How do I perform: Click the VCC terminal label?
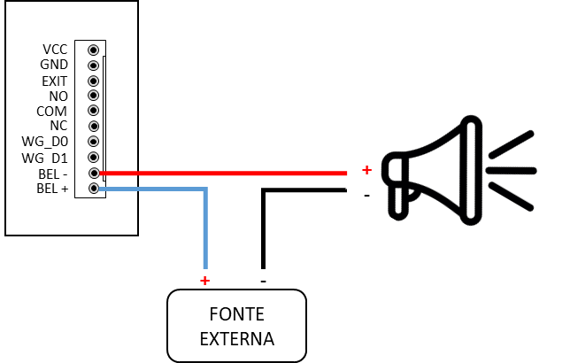pos(55,50)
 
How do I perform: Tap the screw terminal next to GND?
pos(94,66)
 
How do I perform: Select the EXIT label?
pos(55,81)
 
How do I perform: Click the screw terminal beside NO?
pos(94,96)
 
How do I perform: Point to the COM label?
pos(51,112)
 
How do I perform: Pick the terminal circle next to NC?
pos(94,127)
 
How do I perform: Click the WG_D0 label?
pos(45,142)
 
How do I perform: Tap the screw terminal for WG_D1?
pos(94,158)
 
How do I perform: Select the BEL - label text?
pos(53,174)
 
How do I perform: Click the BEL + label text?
pos(52,189)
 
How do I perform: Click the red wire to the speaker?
pos(223,174)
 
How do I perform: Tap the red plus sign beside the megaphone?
pos(366,170)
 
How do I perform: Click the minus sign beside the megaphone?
pos(366,196)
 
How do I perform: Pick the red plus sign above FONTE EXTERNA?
pos(205,281)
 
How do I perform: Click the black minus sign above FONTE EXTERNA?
pos(264,282)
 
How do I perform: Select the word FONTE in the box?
pos(236,314)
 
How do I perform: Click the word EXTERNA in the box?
pos(236,339)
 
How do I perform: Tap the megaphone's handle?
pos(398,202)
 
